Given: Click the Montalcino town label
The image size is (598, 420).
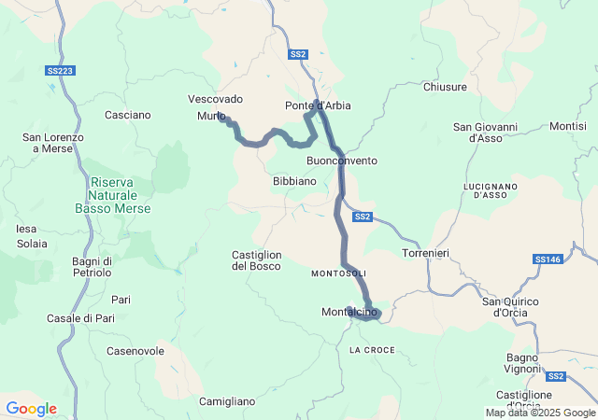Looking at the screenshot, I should pyautogui.click(x=348, y=312).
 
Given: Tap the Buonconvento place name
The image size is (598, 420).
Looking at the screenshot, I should pyautogui.click(x=342, y=161).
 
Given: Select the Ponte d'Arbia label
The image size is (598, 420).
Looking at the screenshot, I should pyautogui.click(x=318, y=105).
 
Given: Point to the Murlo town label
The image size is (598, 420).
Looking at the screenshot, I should pyautogui.click(x=211, y=116).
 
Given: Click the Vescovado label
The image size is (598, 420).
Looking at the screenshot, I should pyautogui.click(x=215, y=98).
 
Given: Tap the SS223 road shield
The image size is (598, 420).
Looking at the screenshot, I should pyautogui.click(x=60, y=70).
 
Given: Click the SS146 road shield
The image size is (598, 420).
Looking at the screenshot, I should pyautogui.click(x=548, y=259).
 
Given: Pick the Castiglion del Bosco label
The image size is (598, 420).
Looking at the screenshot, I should pyautogui.click(x=257, y=260).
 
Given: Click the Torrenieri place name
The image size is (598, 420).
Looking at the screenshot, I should pyautogui.click(x=427, y=254).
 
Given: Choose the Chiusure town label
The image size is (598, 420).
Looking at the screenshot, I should pyautogui.click(x=445, y=87).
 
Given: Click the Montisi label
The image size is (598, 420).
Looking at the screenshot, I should pyautogui.click(x=568, y=126).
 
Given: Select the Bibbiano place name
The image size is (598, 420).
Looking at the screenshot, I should pyautogui.click(x=294, y=181).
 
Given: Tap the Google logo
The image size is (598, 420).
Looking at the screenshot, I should pyautogui.click(x=31, y=409).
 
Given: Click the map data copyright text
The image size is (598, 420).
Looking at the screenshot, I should pyautogui.click(x=540, y=413).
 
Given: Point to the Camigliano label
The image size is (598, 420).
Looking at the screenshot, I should pyautogui.click(x=227, y=401).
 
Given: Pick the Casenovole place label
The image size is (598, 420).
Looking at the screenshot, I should pyautogui.click(x=135, y=351).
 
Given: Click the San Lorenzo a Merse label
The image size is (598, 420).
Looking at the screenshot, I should pyautogui.click(x=52, y=143).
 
